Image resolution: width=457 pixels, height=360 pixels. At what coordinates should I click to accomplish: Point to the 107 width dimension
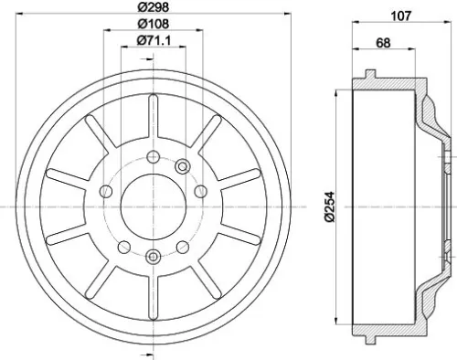click(400, 14)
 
